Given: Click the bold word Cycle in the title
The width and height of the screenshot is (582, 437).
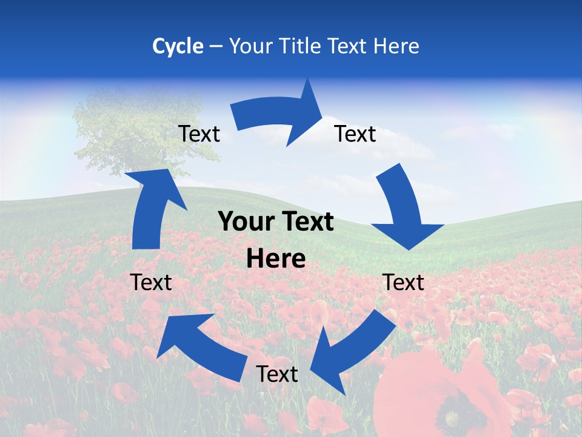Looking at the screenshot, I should coord(178,46).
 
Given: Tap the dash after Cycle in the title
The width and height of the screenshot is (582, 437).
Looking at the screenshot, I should coord(216,47).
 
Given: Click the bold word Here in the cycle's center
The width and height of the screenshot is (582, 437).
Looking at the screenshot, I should coord(276,259).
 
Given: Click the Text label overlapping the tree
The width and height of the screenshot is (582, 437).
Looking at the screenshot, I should coord(199,134).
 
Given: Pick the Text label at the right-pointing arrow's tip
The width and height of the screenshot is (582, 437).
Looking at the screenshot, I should coord(355,134).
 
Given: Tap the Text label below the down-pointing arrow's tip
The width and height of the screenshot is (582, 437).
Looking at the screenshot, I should coord(403,282).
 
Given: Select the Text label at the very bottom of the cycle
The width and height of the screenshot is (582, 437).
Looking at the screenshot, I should coord(276,374).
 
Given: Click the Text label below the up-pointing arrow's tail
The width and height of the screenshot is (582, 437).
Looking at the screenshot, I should coord(151,282).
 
